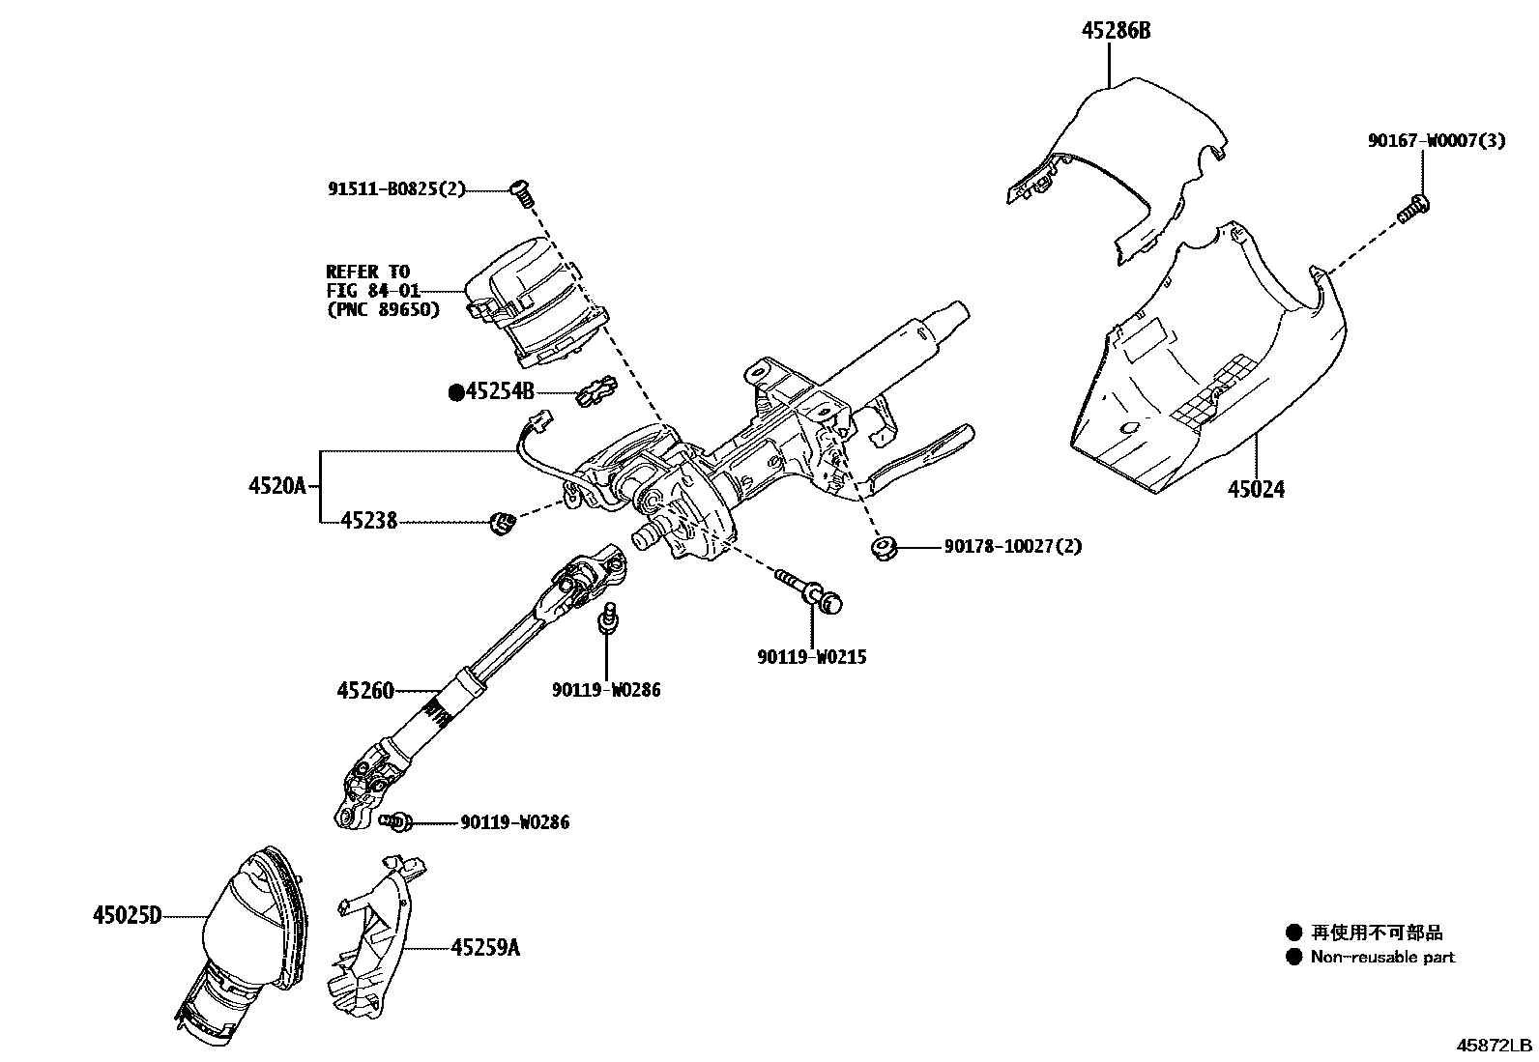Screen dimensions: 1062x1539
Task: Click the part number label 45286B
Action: tap(1116, 31)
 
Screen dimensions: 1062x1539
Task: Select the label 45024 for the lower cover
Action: tap(1256, 490)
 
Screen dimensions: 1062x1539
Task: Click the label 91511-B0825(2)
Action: tap(396, 189)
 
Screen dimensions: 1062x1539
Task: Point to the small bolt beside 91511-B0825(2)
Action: tap(522, 191)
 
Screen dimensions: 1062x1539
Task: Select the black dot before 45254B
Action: tap(456, 392)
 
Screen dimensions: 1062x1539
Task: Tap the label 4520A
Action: tap(276, 486)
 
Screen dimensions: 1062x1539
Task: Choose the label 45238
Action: tap(368, 522)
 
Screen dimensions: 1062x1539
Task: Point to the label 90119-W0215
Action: tap(811, 657)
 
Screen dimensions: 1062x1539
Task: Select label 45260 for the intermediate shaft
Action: tap(365, 690)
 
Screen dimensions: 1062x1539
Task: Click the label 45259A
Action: tap(484, 948)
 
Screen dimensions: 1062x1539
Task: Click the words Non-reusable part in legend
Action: tap(1381, 958)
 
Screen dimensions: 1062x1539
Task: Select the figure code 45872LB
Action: tap(1495, 1046)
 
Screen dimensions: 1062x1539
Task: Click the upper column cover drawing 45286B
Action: tap(1121, 164)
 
